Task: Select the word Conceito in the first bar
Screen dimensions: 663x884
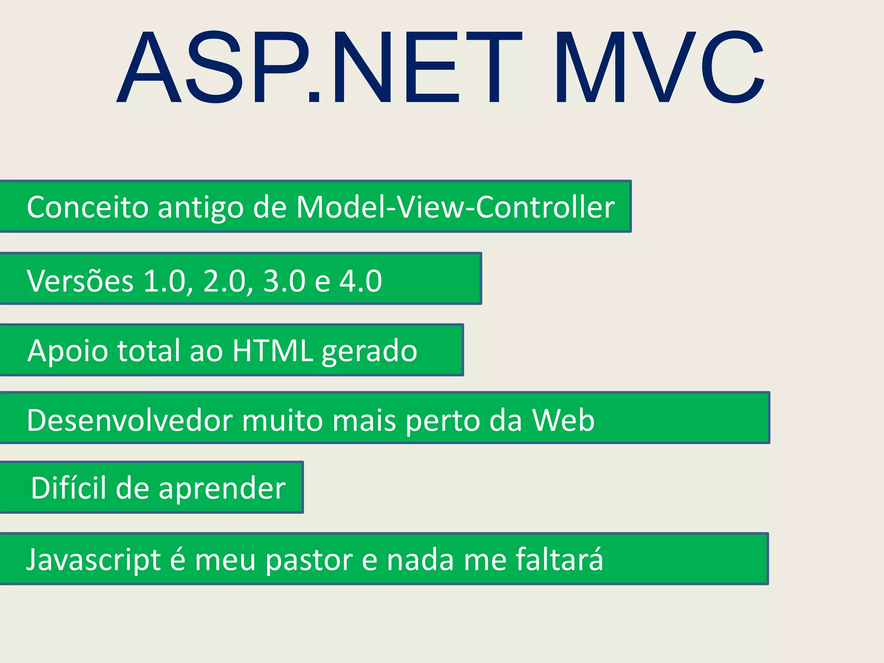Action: pos(88,207)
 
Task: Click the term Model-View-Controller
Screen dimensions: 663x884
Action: pos(455,207)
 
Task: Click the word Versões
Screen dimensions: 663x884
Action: pos(80,281)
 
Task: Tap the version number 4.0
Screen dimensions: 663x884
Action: pos(361,281)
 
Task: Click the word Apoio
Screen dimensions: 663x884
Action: pos(68,351)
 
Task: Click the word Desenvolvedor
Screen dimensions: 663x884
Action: pos(129,420)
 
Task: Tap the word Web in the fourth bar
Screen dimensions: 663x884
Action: pos(563,420)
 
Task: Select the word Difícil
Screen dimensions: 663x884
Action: pos(69,488)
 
